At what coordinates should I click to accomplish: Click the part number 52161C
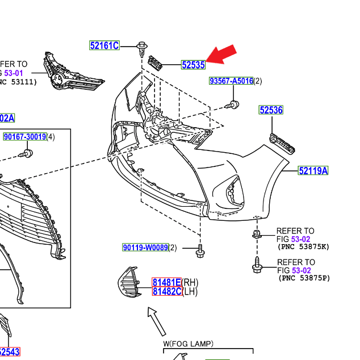click(104, 45)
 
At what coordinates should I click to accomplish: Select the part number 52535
click(193, 65)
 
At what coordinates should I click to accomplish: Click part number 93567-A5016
click(231, 81)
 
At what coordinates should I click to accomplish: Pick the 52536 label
click(271, 110)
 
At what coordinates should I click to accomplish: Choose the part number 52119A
click(313, 170)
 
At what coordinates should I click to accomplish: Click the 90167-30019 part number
click(25, 137)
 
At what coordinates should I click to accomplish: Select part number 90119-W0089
click(145, 248)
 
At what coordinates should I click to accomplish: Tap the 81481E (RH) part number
click(166, 282)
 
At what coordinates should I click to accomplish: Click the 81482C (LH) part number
click(166, 291)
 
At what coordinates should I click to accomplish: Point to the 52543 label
click(10, 352)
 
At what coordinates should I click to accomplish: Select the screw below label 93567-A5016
click(233, 104)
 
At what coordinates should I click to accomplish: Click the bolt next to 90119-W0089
click(200, 251)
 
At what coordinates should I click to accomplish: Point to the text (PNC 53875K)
click(304, 247)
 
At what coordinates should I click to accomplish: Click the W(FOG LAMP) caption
click(188, 344)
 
